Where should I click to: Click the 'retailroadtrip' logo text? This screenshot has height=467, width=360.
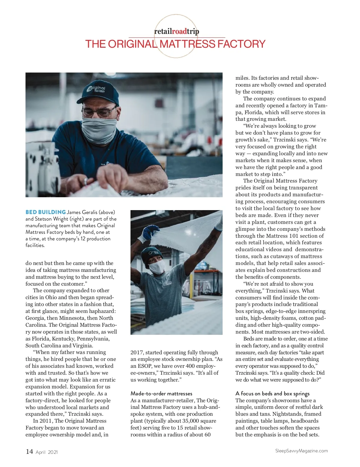point(176,31)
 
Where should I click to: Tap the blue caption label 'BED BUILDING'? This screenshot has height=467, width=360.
point(46,212)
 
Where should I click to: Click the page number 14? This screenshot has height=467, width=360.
point(29,451)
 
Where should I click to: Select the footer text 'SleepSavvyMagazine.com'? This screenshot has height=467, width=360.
point(301,451)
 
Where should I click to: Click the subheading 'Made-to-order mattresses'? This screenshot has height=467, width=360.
point(161,394)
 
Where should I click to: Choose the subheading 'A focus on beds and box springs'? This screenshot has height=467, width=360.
point(272,394)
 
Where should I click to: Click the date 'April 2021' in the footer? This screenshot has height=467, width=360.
point(46,452)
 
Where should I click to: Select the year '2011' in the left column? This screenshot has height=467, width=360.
point(46,421)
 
